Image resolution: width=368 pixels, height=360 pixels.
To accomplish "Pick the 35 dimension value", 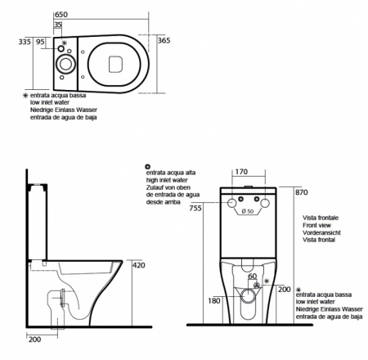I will [x=57, y=25].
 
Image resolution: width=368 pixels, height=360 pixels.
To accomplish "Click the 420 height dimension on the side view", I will [x=138, y=266].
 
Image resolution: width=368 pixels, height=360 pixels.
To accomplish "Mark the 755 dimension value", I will [x=196, y=208].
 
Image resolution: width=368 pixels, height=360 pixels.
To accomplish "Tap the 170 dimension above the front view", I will [x=243, y=173].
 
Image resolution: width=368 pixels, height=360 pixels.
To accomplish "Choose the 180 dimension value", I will [x=213, y=301].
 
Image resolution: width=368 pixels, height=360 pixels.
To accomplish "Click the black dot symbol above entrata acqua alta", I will [x=147, y=166].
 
